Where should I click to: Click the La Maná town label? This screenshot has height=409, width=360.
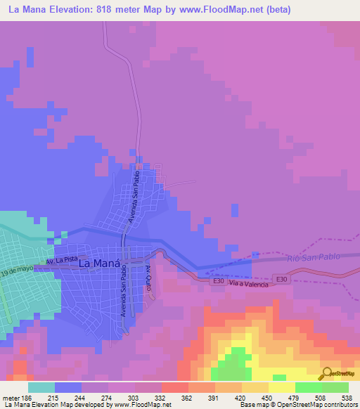(98, 264)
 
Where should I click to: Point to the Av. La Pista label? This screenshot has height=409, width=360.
(60, 260)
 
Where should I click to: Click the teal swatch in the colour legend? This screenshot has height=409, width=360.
(41, 387)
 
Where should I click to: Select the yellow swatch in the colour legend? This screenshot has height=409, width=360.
(281, 387)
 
